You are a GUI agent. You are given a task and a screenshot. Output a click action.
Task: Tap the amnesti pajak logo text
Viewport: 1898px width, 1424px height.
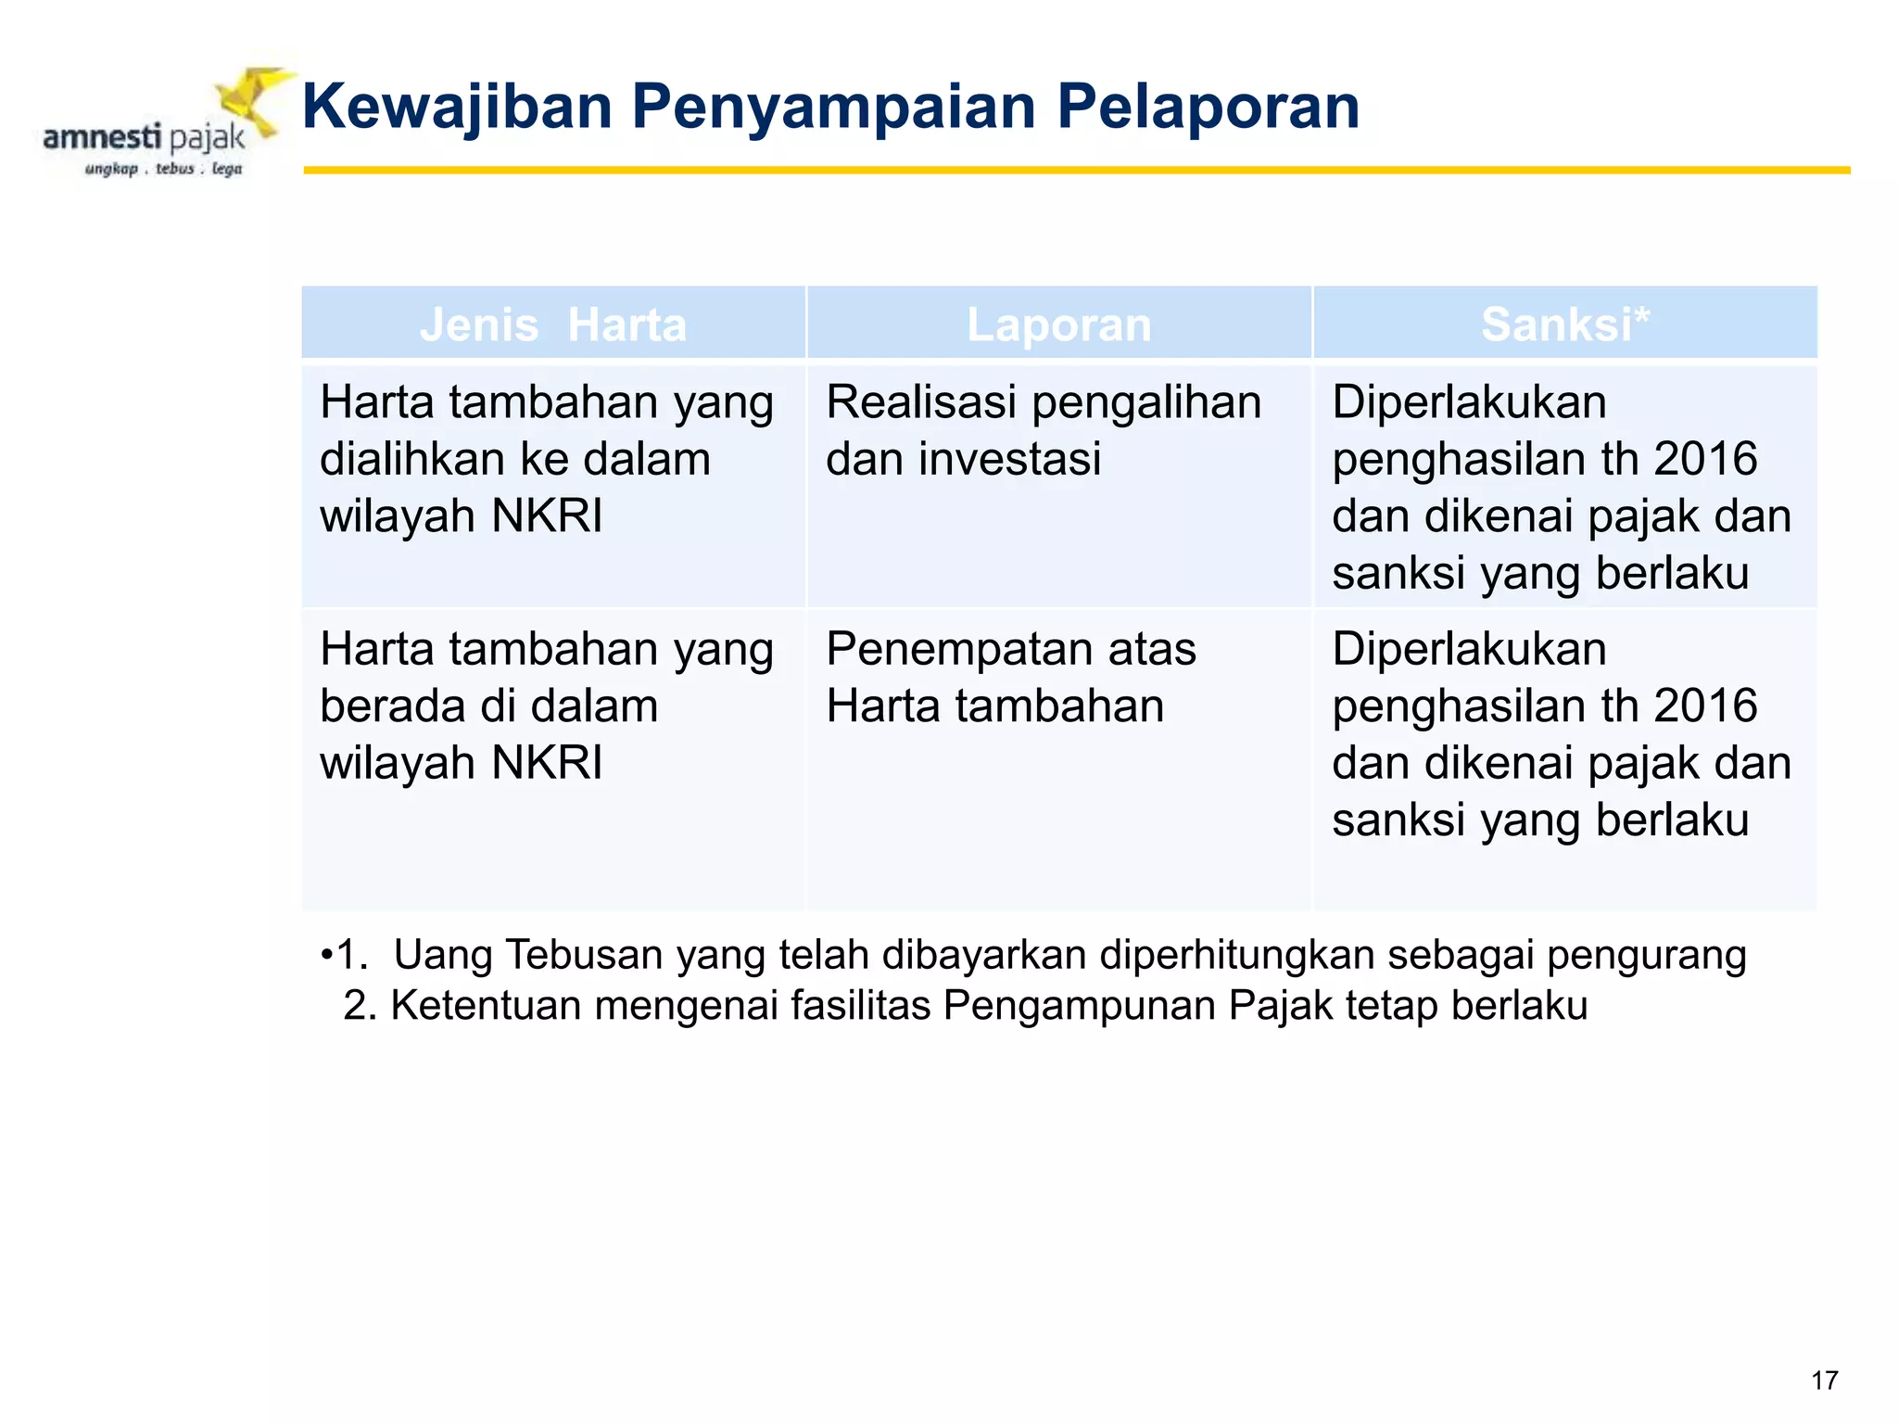(x=144, y=138)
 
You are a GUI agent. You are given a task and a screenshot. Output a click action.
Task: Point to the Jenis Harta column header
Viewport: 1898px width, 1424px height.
(x=553, y=324)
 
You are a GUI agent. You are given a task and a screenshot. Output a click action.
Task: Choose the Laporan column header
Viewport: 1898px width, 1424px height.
(x=1058, y=324)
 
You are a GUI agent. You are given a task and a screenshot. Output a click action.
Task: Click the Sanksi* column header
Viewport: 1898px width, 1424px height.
(x=1564, y=324)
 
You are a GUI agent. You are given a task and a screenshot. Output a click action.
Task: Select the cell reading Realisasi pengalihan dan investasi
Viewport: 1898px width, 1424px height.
(x=1044, y=430)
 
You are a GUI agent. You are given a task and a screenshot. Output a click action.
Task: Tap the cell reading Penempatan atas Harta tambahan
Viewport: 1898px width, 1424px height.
(x=1010, y=677)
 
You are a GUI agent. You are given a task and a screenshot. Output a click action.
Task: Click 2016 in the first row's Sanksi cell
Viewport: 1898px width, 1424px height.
(x=1705, y=459)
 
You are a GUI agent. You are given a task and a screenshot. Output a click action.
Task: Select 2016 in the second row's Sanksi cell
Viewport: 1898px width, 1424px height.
(x=1705, y=706)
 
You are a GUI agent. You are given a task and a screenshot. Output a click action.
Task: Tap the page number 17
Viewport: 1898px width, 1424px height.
(x=1824, y=1380)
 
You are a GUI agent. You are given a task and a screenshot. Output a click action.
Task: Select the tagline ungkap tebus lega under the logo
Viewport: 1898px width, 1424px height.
(x=163, y=169)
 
